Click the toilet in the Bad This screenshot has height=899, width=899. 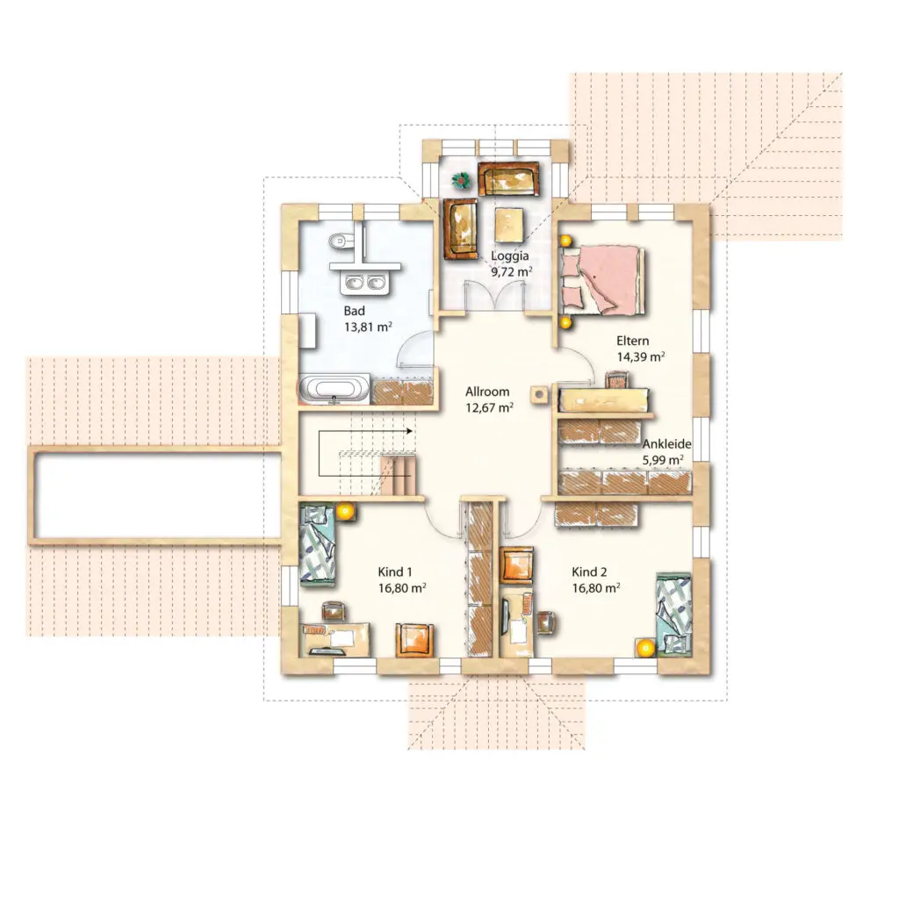(x=340, y=241)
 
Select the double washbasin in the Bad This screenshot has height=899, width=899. (x=364, y=282)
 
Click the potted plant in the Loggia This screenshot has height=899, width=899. (x=460, y=181)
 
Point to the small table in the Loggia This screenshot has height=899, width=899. (x=510, y=224)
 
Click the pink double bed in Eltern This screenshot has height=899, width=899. (x=602, y=280)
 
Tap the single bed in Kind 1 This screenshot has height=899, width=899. (x=317, y=544)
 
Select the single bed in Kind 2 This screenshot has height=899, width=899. (x=673, y=614)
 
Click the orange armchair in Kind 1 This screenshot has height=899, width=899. (x=414, y=640)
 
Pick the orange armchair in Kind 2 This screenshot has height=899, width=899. (x=517, y=565)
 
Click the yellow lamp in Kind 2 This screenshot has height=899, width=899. (x=645, y=648)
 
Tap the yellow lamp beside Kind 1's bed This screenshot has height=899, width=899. (x=344, y=511)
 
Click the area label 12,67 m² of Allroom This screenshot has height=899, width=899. (x=489, y=407)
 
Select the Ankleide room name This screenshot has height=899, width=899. (x=667, y=443)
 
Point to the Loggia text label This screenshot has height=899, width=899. (x=510, y=255)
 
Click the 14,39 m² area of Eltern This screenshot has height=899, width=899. (x=641, y=356)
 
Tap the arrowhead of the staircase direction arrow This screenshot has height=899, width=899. (x=409, y=430)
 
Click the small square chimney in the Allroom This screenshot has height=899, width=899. (x=539, y=394)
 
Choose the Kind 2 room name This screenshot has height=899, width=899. (x=589, y=572)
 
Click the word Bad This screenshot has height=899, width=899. (x=355, y=311)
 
